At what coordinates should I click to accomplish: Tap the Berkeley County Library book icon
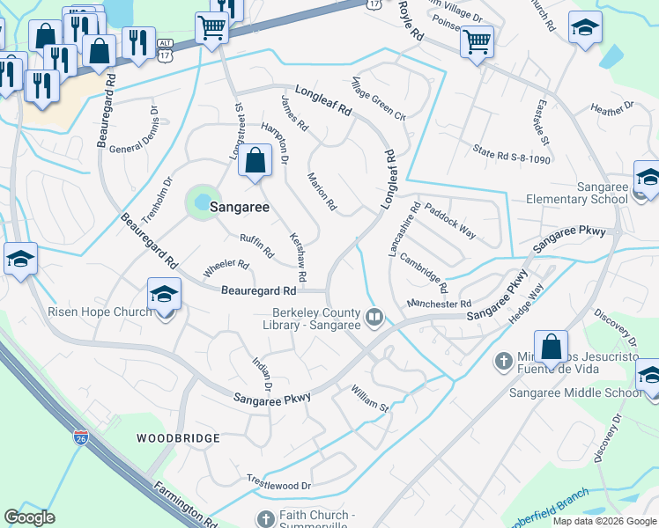coord(374,316)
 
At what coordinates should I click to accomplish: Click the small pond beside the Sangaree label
coord(202,202)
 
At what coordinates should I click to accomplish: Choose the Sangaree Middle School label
coord(575,392)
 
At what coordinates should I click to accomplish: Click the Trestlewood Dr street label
coord(279,485)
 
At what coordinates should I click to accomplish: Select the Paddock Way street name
coord(449,220)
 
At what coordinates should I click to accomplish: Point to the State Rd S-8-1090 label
coord(511,154)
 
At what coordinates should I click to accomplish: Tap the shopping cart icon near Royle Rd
coord(477,40)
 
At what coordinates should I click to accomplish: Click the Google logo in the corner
coord(30,517)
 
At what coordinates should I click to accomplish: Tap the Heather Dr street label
coord(612,109)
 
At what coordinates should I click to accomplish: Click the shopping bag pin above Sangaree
coord(255,161)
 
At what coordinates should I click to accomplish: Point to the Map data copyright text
coord(604,521)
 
